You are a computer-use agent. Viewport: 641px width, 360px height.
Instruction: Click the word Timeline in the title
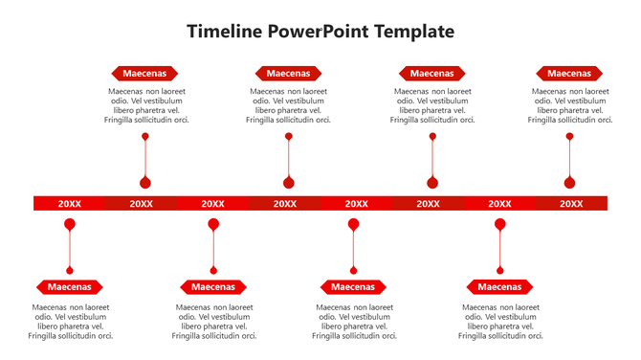coord(224,32)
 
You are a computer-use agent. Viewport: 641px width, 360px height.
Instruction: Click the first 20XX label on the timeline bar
coord(69,204)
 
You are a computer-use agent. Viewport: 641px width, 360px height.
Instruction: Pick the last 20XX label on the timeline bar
coord(571,204)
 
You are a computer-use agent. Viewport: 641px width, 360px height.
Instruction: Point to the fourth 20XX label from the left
coord(284,204)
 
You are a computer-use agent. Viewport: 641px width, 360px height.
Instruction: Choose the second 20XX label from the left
coord(141,204)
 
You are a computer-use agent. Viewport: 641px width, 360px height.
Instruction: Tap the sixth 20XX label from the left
coord(428,204)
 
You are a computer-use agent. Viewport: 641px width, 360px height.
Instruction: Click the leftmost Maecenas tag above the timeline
coord(144,73)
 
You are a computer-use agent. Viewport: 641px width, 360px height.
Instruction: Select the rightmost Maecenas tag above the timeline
coord(569,73)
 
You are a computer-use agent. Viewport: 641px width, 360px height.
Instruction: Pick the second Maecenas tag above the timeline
coord(288,73)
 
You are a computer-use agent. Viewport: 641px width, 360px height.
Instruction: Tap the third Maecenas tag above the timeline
coord(431,73)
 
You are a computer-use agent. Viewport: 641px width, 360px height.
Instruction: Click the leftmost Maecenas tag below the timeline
coord(69,286)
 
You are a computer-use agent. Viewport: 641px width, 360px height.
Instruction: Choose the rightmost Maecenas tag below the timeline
coord(499,286)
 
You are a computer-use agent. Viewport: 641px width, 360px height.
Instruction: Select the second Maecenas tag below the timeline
coord(213,286)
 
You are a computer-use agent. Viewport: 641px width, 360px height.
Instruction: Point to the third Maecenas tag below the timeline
coord(353,286)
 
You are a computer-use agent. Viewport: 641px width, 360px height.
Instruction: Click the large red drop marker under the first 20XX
coord(69,225)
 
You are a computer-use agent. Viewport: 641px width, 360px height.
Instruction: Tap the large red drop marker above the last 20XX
coord(570,182)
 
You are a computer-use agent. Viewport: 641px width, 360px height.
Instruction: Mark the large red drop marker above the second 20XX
coord(145,182)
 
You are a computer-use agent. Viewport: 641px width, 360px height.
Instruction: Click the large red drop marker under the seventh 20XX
coord(499,225)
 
